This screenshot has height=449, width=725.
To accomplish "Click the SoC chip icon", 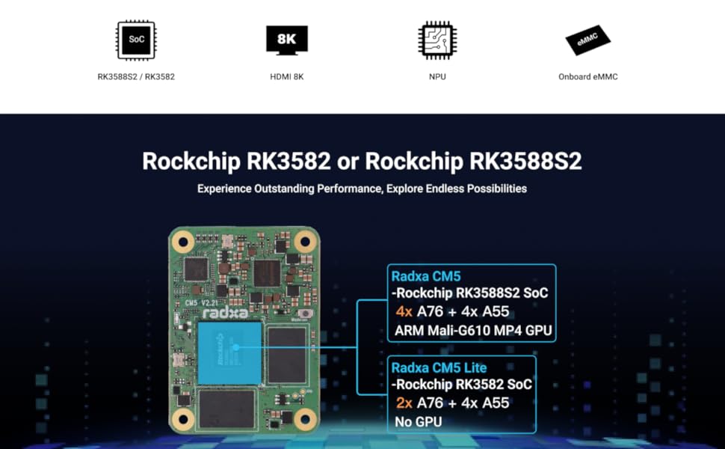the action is click(x=136, y=40).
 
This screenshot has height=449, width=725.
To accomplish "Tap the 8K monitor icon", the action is click(x=287, y=40).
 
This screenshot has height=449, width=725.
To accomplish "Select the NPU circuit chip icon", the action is click(x=437, y=40).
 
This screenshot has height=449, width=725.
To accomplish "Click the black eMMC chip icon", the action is click(x=587, y=40).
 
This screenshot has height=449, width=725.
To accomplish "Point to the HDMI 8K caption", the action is click(x=287, y=77).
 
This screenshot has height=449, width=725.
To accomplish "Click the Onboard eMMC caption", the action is click(x=587, y=77).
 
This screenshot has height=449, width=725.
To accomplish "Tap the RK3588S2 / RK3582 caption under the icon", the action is click(x=136, y=77).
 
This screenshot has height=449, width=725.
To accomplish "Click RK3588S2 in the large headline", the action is click(x=525, y=162).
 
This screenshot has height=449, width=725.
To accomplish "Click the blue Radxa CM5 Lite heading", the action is click(x=439, y=368).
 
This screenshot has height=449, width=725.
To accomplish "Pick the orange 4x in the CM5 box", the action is click(x=404, y=311).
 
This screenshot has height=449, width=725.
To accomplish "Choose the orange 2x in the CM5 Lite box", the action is click(x=404, y=403).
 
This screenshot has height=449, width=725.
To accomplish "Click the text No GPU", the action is click(x=418, y=422).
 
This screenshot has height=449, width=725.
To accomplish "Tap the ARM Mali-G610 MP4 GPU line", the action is click(x=473, y=331).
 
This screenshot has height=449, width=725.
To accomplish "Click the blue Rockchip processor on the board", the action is click(x=229, y=353).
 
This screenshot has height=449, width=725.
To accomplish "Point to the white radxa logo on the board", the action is click(x=226, y=314).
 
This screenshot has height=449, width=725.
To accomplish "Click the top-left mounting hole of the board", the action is click(x=183, y=241).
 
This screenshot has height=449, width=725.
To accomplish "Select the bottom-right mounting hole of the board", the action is click(x=305, y=419).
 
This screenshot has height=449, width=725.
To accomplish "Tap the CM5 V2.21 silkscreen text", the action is click(x=202, y=303).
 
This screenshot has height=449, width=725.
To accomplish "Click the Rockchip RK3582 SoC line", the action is click(x=461, y=385).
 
